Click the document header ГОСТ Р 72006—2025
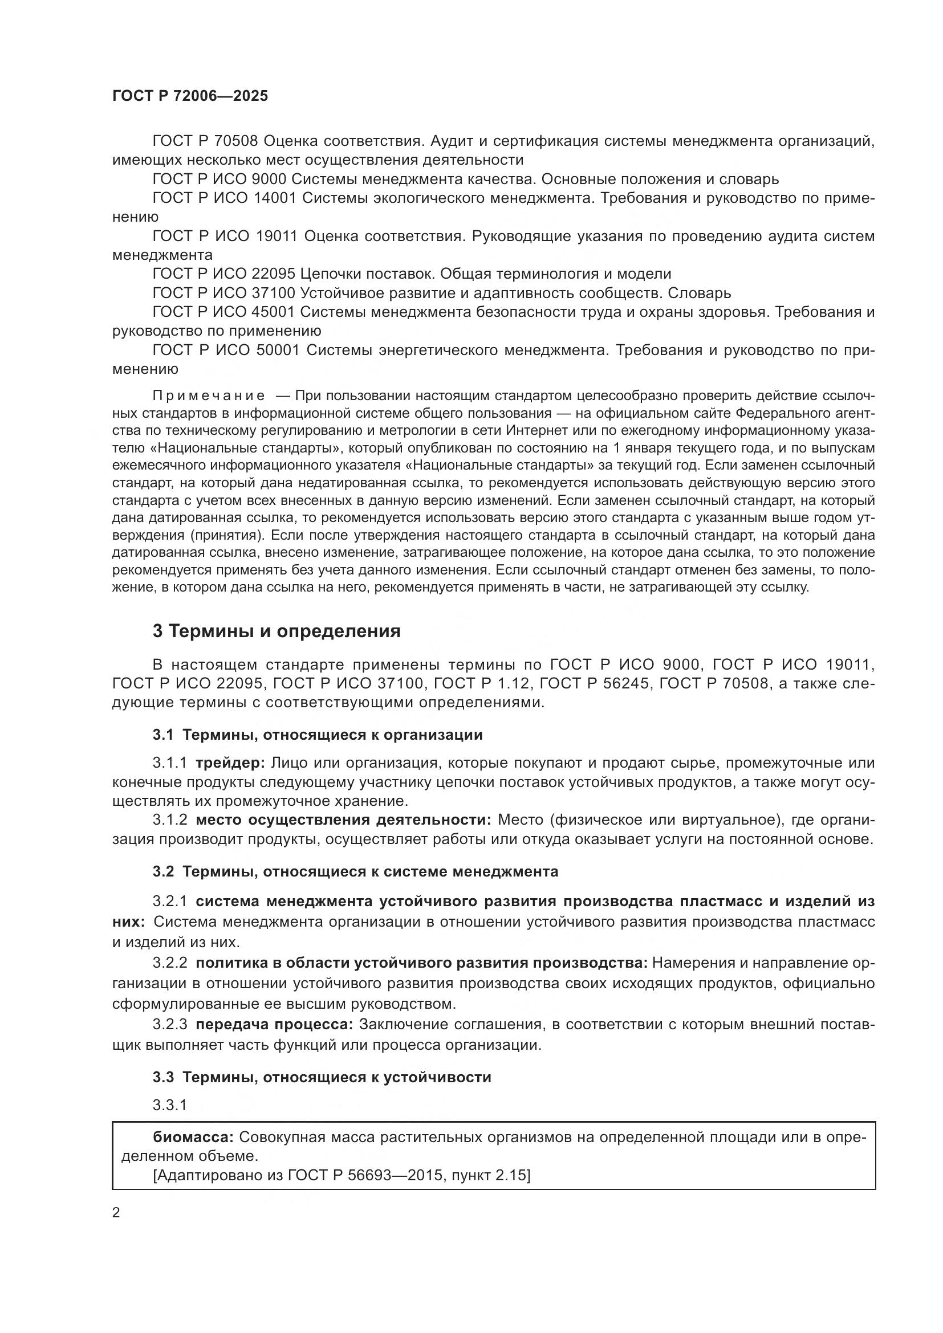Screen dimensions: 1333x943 coord(190,96)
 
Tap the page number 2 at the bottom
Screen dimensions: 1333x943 coord(116,1213)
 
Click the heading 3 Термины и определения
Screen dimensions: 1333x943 coord(277,631)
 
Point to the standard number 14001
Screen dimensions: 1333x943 coord(276,198)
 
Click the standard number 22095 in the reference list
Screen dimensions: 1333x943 coord(274,274)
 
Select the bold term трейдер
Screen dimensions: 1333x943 coord(230,763)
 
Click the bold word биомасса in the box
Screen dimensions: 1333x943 coord(193,1137)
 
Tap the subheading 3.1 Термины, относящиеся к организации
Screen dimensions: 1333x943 coord(318,735)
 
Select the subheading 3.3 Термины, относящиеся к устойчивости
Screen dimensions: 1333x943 coord(322,1078)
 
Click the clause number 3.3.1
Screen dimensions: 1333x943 coord(169,1106)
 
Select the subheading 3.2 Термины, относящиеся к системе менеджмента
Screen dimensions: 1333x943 coord(355,871)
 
